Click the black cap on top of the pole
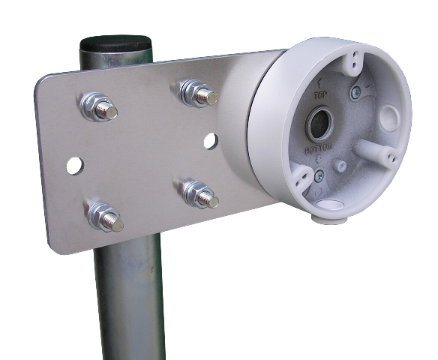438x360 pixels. [115, 44]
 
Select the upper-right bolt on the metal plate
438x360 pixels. [196, 93]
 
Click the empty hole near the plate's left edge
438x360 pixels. [75, 166]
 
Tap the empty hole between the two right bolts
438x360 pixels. [211, 141]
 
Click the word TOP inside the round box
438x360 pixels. [320, 96]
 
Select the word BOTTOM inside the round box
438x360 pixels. [319, 151]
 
